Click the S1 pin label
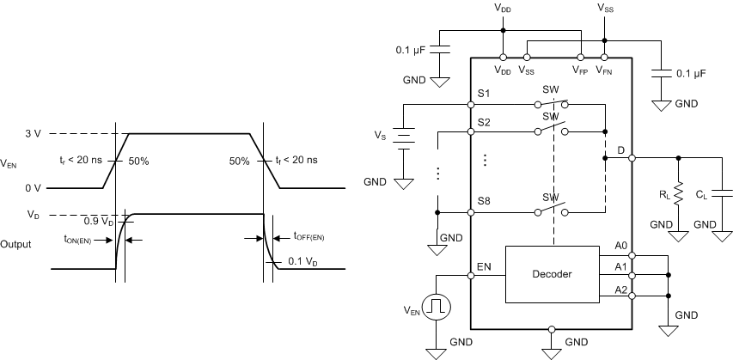[x=483, y=93]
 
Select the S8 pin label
[x=483, y=201]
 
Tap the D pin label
[x=620, y=150]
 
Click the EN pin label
[x=484, y=267]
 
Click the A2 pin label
[x=620, y=290]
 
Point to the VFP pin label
[x=581, y=70]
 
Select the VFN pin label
[x=605, y=70]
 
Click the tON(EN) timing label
[x=82, y=241]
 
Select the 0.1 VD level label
[x=306, y=262]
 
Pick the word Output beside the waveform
[x=17, y=244]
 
